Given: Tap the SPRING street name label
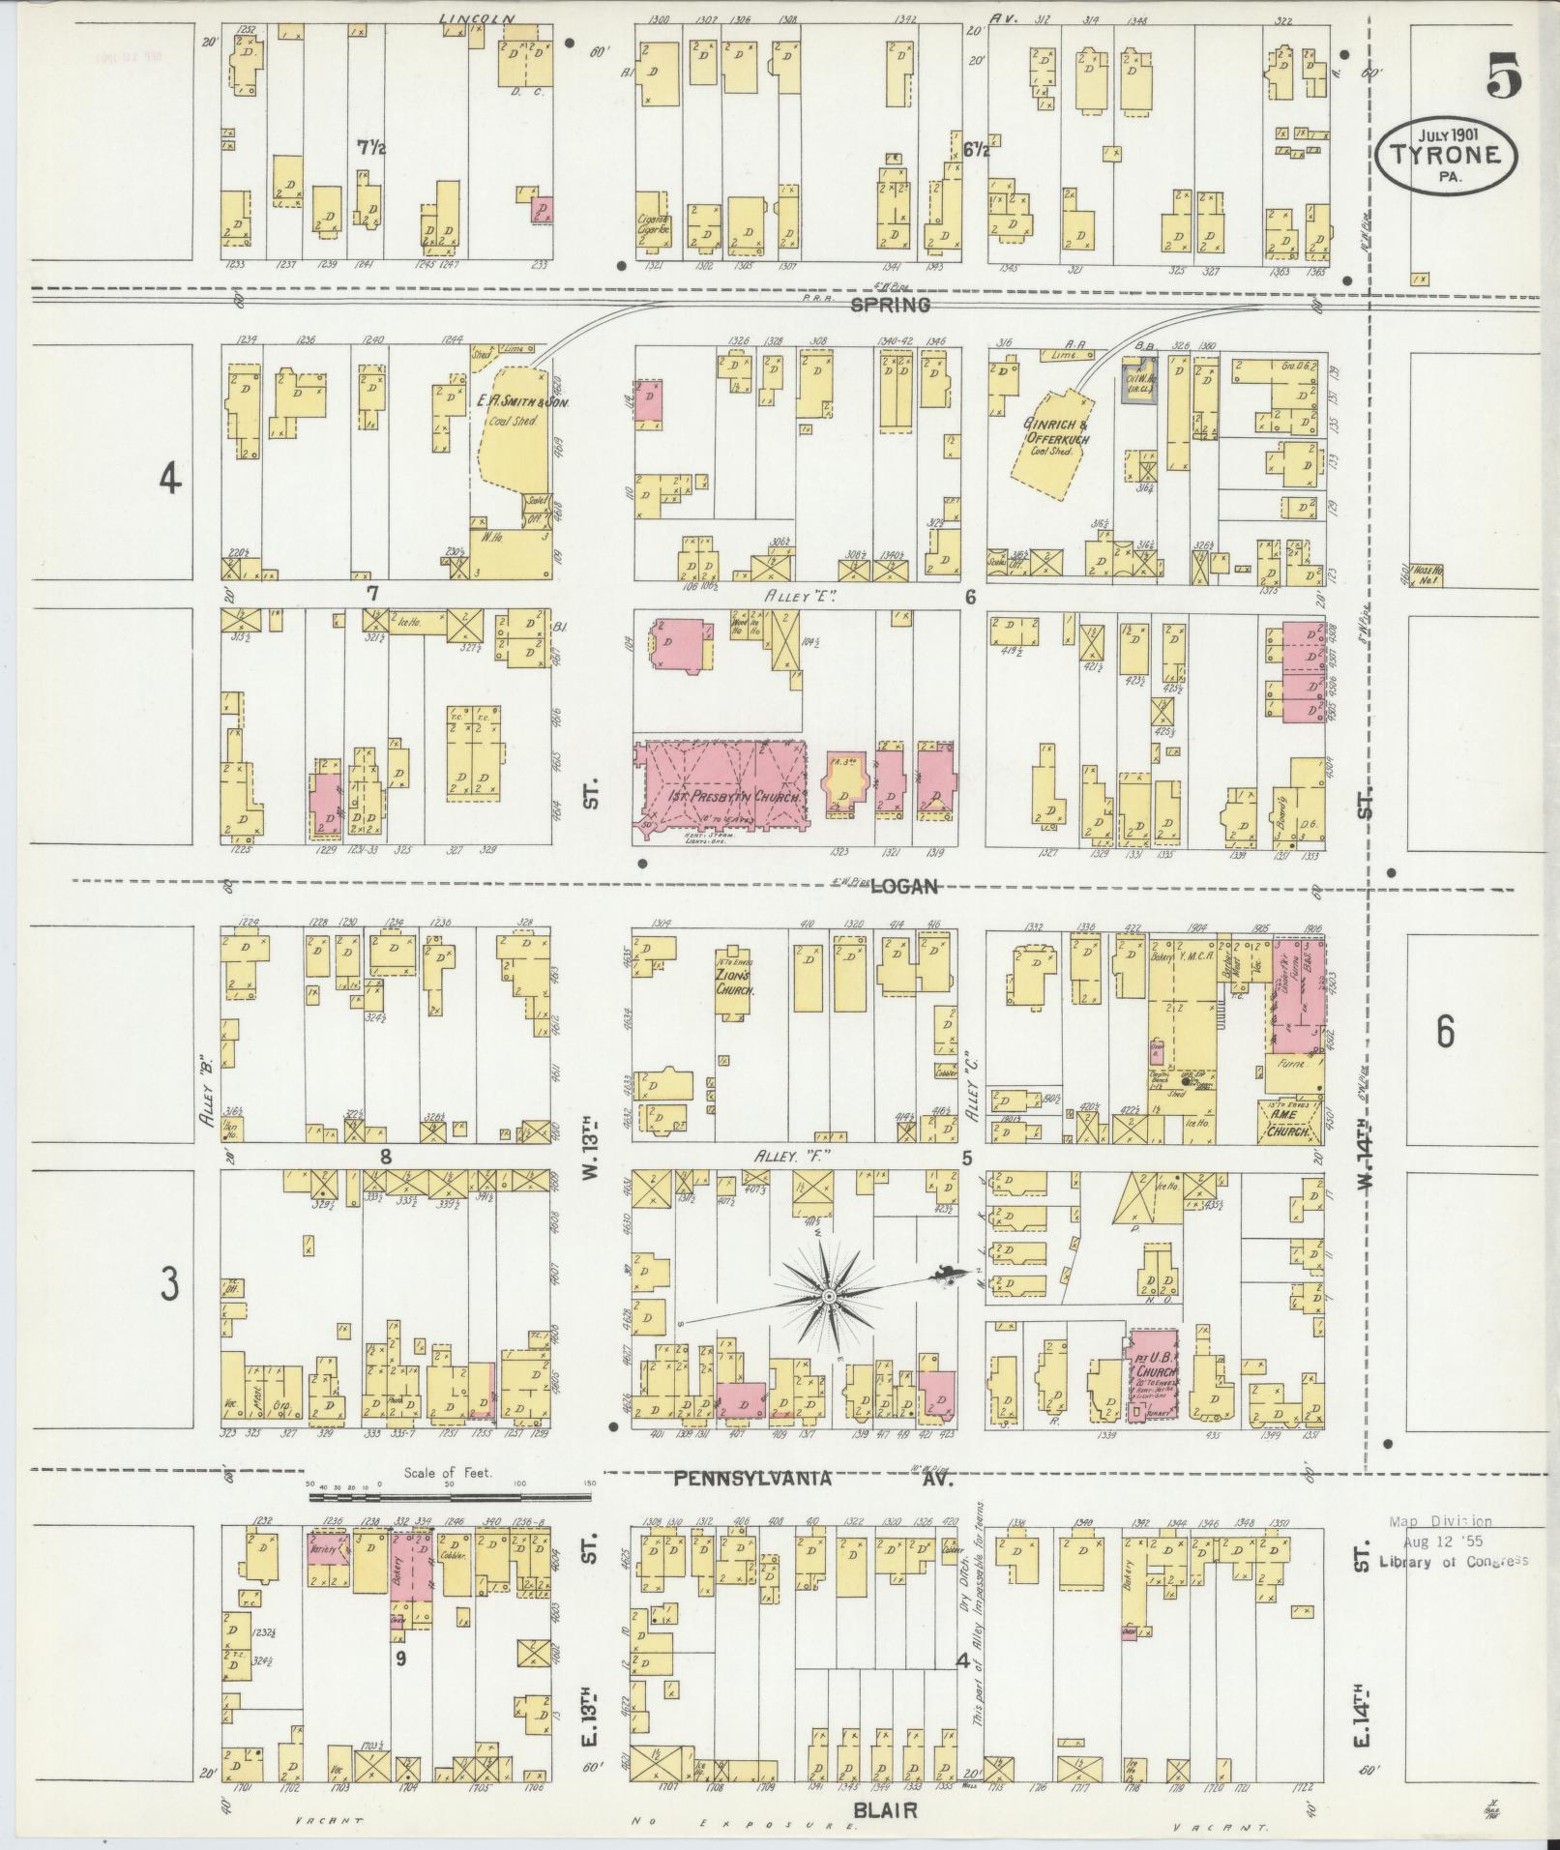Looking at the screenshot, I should pos(890,305).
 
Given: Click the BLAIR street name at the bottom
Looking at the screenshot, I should pos(884,1810).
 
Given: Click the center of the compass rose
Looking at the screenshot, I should pos(829,1294).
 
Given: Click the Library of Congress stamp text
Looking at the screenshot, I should pos(1454,1561).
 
